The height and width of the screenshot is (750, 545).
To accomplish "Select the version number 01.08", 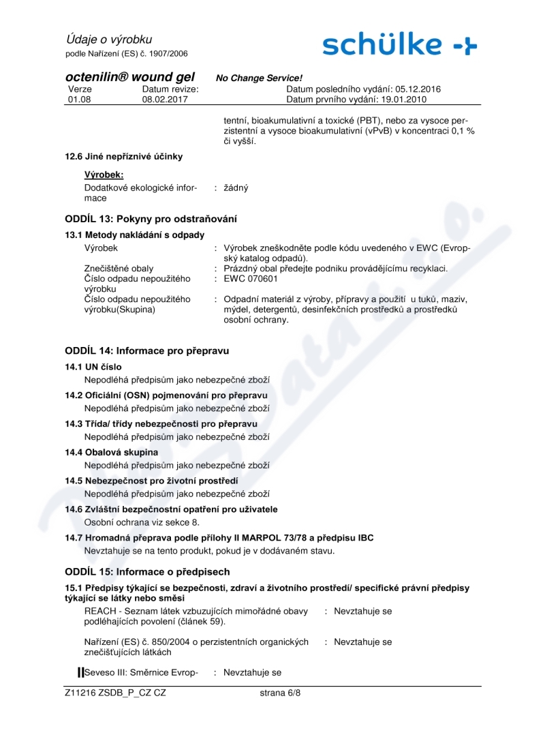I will point(80,99).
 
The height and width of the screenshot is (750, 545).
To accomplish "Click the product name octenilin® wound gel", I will point(129,77).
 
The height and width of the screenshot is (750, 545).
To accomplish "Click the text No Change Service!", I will point(259,78).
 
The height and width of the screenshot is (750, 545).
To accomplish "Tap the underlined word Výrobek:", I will point(104,175).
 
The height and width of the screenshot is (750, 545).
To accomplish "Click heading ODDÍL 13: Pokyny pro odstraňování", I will point(151,219).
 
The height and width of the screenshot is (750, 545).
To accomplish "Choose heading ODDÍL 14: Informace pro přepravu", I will point(147,350).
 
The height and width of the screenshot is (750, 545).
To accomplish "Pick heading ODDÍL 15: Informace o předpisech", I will point(147,571).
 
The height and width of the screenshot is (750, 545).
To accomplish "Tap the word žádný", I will point(236,187).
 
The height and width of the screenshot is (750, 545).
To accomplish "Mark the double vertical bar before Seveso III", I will point(80,672).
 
